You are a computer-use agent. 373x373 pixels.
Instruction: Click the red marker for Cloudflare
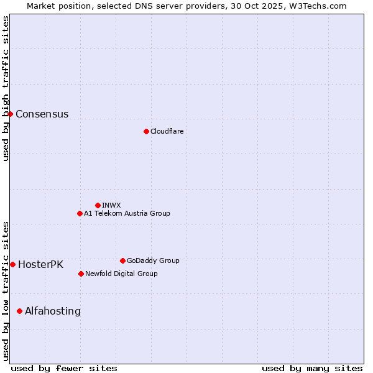(x=146, y=131)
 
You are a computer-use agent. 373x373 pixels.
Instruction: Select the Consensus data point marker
(x=10, y=114)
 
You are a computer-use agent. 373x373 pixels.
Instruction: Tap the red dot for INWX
(x=98, y=205)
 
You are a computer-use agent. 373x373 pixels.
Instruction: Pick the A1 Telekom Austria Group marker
(x=80, y=213)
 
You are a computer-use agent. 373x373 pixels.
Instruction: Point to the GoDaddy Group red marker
(x=122, y=260)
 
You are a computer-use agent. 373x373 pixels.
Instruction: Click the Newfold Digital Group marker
(x=81, y=274)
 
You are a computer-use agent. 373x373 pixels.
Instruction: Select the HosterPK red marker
(x=12, y=264)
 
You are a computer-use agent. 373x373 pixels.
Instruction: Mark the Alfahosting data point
(x=19, y=311)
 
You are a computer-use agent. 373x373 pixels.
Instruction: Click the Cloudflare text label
(x=167, y=131)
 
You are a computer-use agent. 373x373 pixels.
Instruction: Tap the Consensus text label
(x=42, y=114)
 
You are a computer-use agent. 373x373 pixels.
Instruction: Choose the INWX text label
(x=111, y=205)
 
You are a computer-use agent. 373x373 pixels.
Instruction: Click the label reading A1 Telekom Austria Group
(x=127, y=213)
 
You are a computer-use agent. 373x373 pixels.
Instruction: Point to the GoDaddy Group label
(x=153, y=260)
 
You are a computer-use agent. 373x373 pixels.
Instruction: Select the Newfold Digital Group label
(x=121, y=274)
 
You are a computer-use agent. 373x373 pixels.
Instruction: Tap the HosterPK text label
(x=40, y=264)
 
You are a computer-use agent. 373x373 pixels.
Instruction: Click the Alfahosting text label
(x=52, y=311)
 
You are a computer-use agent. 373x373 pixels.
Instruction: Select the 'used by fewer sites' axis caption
(x=64, y=368)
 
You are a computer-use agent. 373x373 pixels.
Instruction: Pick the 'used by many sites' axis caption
(x=312, y=368)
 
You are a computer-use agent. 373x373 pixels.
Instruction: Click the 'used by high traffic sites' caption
(x=6, y=88)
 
